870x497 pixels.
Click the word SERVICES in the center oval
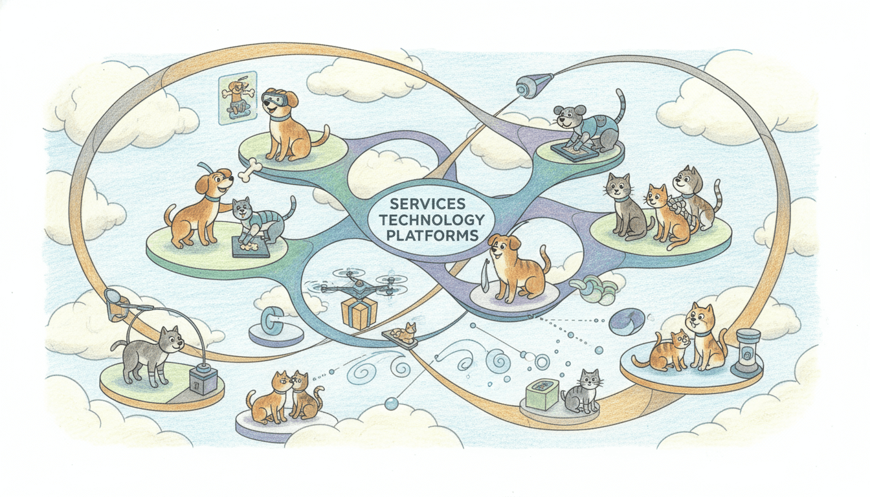coord(425,204)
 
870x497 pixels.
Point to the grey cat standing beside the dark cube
coord(153,353)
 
